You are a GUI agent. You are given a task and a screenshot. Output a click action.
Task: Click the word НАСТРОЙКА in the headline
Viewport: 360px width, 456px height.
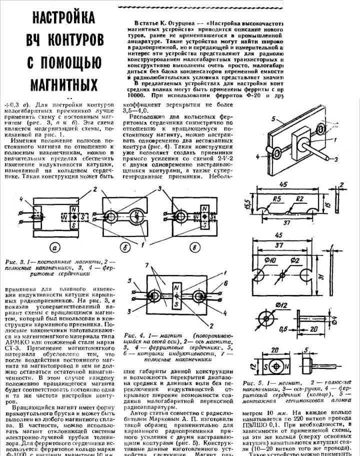(63, 19)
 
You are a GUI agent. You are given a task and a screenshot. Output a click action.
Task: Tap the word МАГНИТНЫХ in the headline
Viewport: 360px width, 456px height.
(63, 83)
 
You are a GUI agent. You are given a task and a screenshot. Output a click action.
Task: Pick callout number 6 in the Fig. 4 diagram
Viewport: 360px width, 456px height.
(226, 283)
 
